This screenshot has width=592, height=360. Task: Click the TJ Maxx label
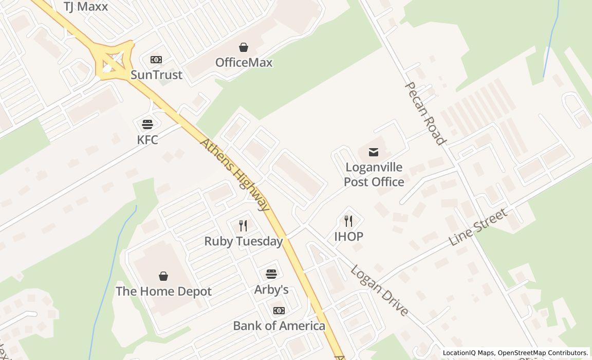pos(86,7)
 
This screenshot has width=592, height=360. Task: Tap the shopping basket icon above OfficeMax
pos(244,47)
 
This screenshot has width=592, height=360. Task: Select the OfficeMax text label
pos(244,63)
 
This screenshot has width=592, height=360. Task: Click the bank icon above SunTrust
pos(156,60)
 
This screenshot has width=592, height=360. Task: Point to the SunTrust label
pos(156,75)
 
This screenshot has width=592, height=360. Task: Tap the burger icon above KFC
pos(147,124)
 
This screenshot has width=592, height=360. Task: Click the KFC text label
pos(147,140)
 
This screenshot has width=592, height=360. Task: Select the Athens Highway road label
pos(235,174)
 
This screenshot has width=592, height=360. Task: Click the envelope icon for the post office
pos(374,152)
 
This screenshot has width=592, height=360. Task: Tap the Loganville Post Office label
pos(374,175)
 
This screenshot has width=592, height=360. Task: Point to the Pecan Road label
pos(424,113)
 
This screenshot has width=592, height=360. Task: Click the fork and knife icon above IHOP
pos(348,221)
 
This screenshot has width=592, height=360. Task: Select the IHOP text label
pos(348,237)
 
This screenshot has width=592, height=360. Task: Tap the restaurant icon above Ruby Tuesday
pos(244,226)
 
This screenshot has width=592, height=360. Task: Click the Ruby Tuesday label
pos(244,241)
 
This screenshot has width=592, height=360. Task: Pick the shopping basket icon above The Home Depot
pos(163,276)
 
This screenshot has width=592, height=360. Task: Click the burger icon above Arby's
pos(271,274)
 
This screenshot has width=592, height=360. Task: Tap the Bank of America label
pos(279,326)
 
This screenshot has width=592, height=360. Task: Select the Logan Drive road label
pos(380,290)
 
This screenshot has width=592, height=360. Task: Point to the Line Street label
pos(478,227)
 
